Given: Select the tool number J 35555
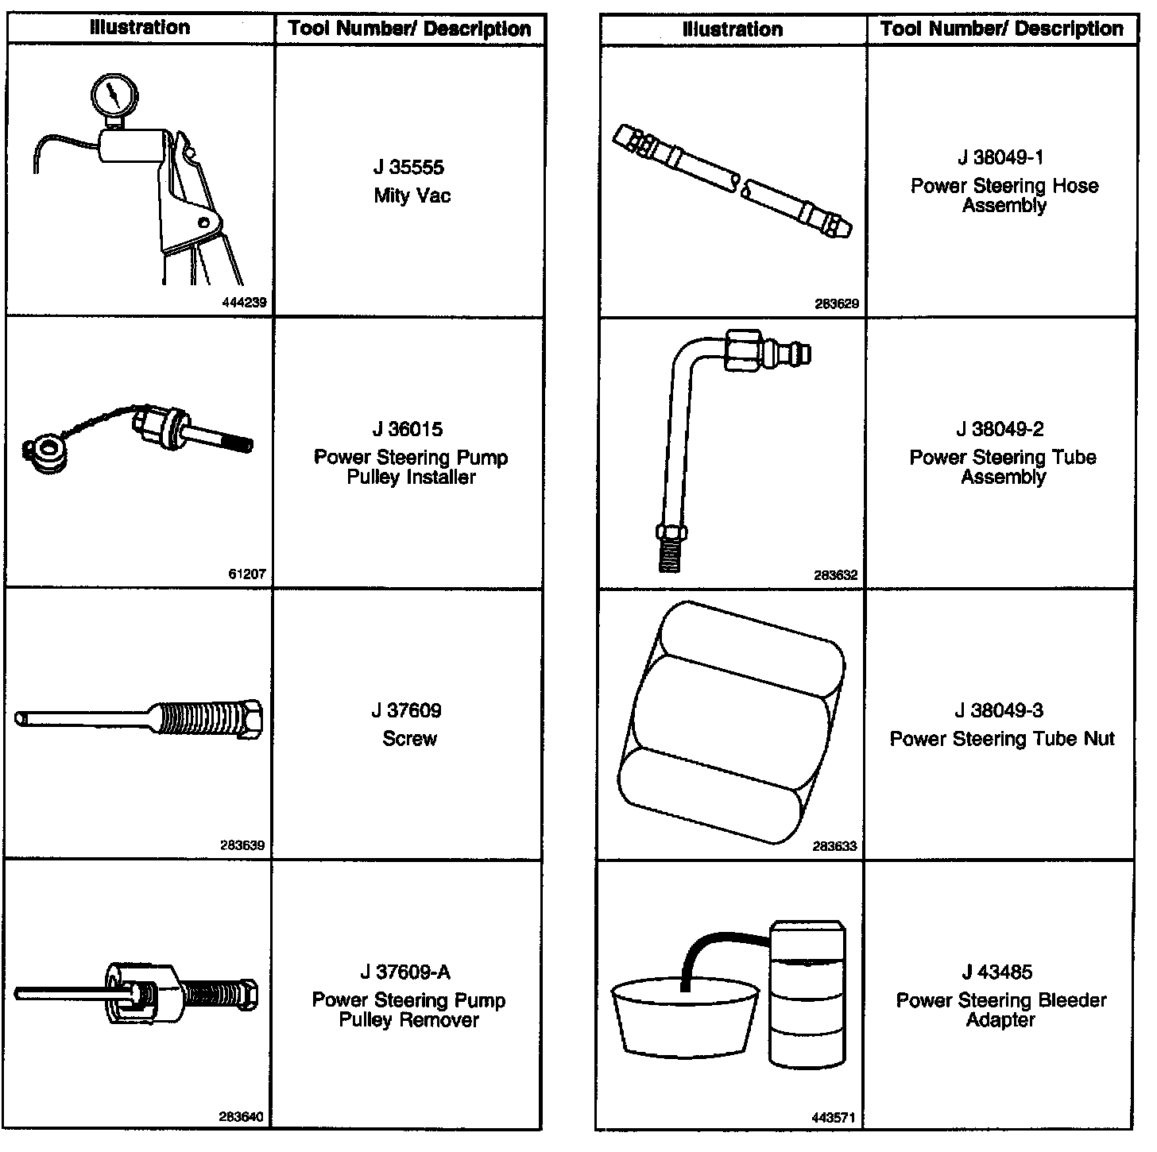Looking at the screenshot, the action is tap(409, 168).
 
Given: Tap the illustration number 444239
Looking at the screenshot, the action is tap(247, 303).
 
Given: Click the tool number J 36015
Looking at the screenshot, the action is tap(409, 430).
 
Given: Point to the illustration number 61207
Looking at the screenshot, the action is tap(247, 574).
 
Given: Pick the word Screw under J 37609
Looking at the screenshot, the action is tap(409, 739).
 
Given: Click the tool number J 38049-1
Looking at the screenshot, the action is tap(1001, 157).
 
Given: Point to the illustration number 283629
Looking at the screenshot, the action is tap(837, 303).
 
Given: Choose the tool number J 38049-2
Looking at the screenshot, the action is tap(1000, 430).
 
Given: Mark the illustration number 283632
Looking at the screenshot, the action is tap(836, 575).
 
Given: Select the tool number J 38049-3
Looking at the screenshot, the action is tap(1000, 711).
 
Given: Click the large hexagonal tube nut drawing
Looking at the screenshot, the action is tap(727, 723).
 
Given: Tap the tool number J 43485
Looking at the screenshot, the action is tap(997, 972).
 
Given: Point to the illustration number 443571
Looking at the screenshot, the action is tap(834, 1118).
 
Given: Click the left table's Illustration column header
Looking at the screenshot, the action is tap(140, 28).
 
